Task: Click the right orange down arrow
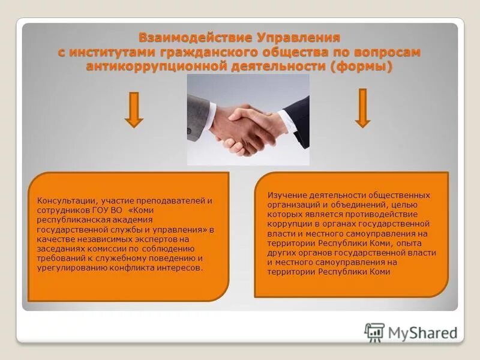pyautogui.click(x=362, y=108)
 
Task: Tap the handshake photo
pyautogui.click(x=248, y=119)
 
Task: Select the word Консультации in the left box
pyautogui.click(x=62, y=200)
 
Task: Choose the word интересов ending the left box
pyautogui.click(x=184, y=268)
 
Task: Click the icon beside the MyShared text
pyautogui.click(x=374, y=332)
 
